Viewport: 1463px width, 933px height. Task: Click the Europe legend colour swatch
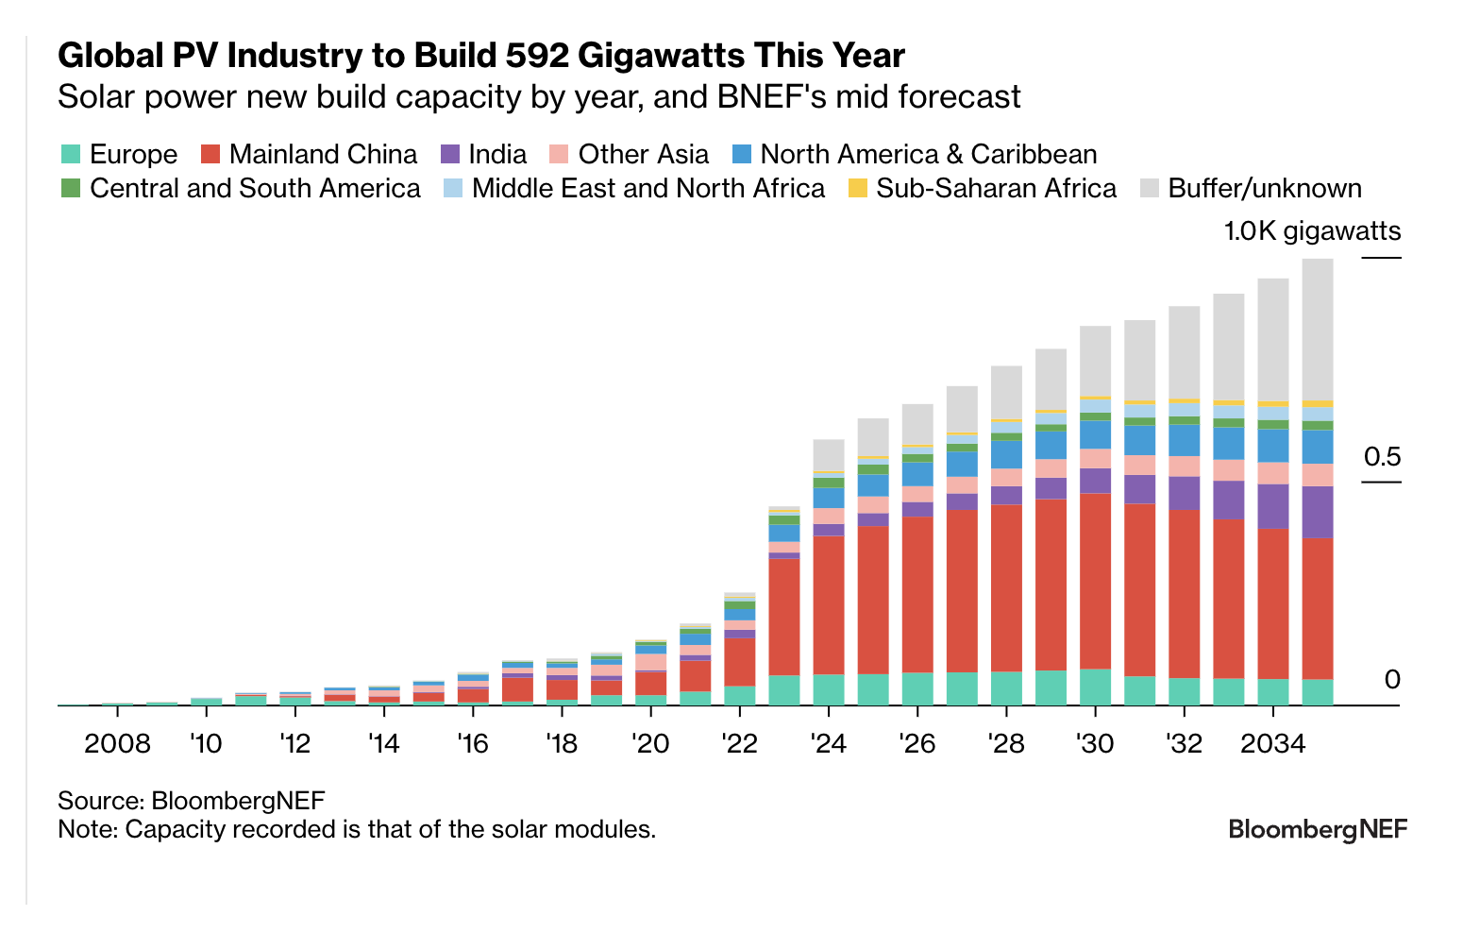tap(70, 154)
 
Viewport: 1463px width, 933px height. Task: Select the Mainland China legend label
tap(323, 154)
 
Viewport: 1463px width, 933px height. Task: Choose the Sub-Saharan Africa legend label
tap(996, 188)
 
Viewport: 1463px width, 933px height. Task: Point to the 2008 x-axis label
tap(117, 744)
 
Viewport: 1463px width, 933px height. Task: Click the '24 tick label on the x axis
tap(828, 744)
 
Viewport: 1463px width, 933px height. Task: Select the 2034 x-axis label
tap(1272, 744)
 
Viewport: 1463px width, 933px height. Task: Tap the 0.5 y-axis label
tap(1382, 458)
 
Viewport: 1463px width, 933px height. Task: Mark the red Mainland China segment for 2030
tap(1095, 581)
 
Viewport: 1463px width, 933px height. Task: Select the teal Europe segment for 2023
tap(784, 689)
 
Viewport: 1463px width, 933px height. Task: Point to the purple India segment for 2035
tap(1318, 512)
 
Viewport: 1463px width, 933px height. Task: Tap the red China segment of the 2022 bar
tap(740, 661)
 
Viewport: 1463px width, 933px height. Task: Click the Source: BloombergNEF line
tap(191, 801)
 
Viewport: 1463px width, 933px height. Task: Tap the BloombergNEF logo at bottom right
tap(1317, 830)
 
